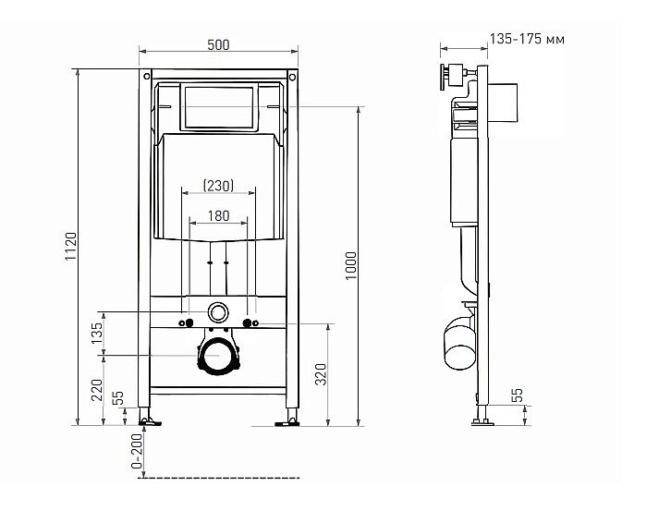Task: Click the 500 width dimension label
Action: [218, 44]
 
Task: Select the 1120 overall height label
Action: [71, 246]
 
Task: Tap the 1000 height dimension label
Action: [350, 266]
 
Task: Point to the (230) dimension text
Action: [218, 186]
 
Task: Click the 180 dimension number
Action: [219, 216]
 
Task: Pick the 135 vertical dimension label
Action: [97, 333]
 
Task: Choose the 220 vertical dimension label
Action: [97, 390]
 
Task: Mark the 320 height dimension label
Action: [321, 374]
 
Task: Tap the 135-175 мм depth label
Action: [528, 39]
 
